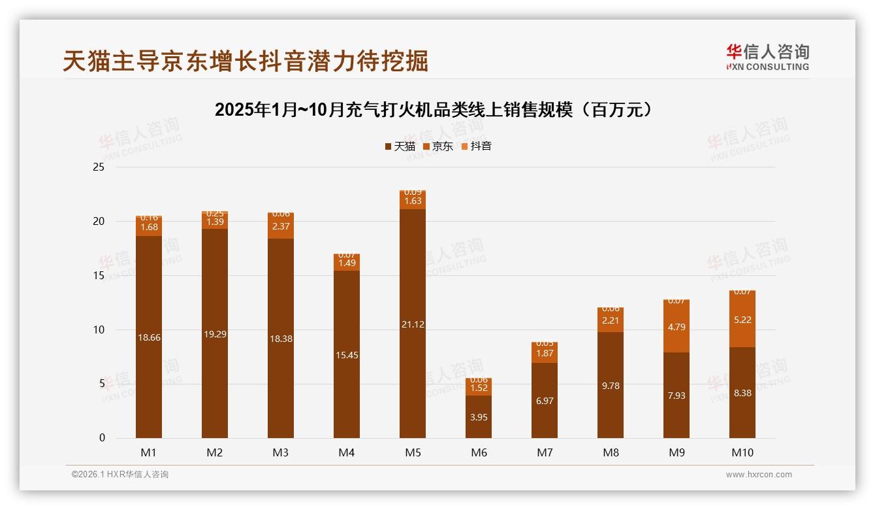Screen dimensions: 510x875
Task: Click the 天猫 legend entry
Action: pyautogui.click(x=400, y=146)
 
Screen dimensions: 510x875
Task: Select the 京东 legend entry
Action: pyautogui.click(x=438, y=146)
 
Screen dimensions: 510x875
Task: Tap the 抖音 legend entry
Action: pyautogui.click(x=476, y=146)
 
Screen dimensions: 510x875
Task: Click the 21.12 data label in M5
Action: pyautogui.click(x=413, y=324)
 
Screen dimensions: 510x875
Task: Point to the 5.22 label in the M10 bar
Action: pyautogui.click(x=742, y=320)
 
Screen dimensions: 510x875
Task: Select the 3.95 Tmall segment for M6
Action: pyautogui.click(x=479, y=416)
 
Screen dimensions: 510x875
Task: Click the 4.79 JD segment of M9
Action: pyautogui.click(x=676, y=327)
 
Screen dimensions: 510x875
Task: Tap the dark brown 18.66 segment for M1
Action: pyautogui.click(x=149, y=337)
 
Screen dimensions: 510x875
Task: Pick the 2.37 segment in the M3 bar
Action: pyautogui.click(x=281, y=226)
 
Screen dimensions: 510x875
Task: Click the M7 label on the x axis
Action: pyautogui.click(x=545, y=452)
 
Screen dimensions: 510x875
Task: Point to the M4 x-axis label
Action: pyautogui.click(x=347, y=452)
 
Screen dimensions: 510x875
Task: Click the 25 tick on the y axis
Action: pyautogui.click(x=99, y=167)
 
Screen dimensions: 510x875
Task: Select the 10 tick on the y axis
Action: pyautogui.click(x=99, y=330)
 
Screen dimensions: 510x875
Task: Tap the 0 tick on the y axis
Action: pyautogui.click(x=102, y=438)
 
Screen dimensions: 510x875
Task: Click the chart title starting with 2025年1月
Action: pyautogui.click(x=434, y=110)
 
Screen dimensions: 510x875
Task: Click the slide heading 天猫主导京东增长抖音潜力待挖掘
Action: pyautogui.click(x=246, y=61)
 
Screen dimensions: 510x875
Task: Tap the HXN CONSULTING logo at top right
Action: pyautogui.click(x=767, y=58)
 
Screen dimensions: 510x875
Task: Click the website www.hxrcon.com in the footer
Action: pyautogui.click(x=759, y=475)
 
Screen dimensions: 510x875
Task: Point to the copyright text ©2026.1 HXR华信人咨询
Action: pyautogui.click(x=120, y=475)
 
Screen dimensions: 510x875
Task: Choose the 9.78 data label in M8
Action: pyautogui.click(x=611, y=386)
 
